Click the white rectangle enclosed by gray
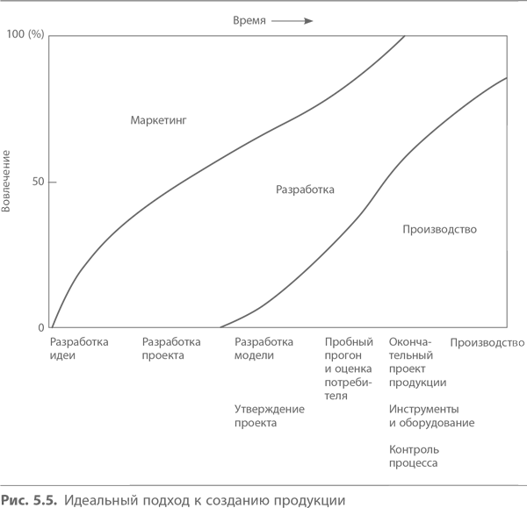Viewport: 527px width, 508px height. [x=194, y=263]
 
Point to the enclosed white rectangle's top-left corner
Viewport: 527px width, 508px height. [x=130, y=220]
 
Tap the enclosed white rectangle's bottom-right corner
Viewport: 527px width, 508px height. [x=259, y=307]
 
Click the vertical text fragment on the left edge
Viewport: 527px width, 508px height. [x=4, y=180]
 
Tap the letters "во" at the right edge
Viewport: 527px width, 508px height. [x=518, y=343]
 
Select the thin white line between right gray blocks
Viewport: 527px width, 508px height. [x=386, y=376]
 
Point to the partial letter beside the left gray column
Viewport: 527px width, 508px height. [x=38, y=327]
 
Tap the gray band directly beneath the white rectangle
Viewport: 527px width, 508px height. [x=194, y=333]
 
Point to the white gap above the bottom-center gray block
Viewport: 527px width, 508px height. [x=194, y=383]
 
